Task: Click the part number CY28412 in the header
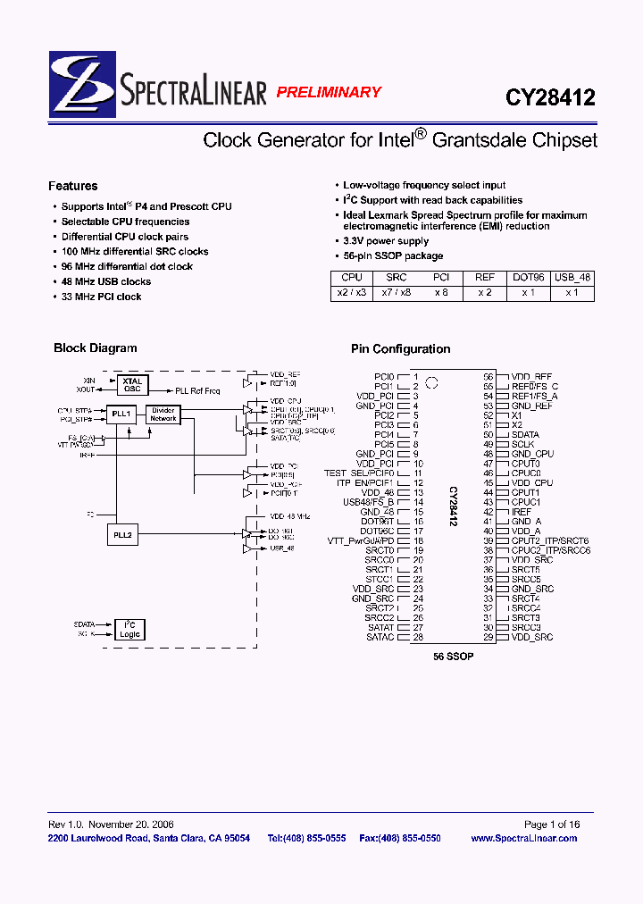pyautogui.click(x=551, y=96)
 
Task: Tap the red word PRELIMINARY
pyautogui.click(x=328, y=92)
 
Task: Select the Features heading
pyautogui.click(x=73, y=186)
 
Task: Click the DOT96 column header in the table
pyautogui.click(x=529, y=278)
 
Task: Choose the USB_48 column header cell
pyautogui.click(x=572, y=278)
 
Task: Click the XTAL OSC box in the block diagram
pyautogui.click(x=132, y=384)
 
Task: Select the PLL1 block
pyautogui.click(x=122, y=414)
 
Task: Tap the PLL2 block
pyautogui.click(x=122, y=534)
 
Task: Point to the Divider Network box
pyautogui.click(x=163, y=414)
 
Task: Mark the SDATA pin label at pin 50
pyautogui.click(x=525, y=435)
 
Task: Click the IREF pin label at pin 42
pyautogui.click(x=522, y=512)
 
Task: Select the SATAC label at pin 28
pyautogui.click(x=380, y=637)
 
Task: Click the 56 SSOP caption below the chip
pyautogui.click(x=453, y=657)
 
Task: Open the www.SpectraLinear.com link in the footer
pyautogui.click(x=523, y=838)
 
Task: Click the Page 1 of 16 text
pyautogui.click(x=551, y=824)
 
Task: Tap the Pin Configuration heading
pyautogui.click(x=400, y=349)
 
